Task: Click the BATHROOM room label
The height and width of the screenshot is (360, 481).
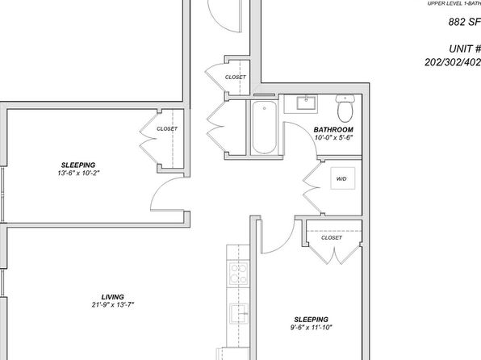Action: (x=333, y=129)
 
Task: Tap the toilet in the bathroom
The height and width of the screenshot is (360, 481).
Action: (x=345, y=108)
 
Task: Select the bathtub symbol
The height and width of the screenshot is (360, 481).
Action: (x=264, y=128)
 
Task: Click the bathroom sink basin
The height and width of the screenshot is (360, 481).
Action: (x=306, y=103)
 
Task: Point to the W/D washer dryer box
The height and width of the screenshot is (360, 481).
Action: (x=343, y=178)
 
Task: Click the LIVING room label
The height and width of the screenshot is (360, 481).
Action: (x=112, y=297)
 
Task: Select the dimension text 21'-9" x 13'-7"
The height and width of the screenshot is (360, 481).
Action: (x=113, y=305)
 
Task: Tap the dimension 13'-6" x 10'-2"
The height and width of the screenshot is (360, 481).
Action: (x=78, y=173)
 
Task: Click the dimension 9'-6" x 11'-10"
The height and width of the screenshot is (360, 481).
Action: (x=311, y=328)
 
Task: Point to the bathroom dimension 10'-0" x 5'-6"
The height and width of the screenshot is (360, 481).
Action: (x=334, y=137)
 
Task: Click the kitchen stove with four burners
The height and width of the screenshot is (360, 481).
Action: (x=238, y=274)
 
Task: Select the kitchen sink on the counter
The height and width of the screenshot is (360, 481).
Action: (x=239, y=313)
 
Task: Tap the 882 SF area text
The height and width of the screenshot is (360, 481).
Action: (x=464, y=22)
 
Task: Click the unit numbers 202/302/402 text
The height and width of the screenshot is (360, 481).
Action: (x=453, y=62)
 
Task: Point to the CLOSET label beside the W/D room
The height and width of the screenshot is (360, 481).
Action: (x=332, y=237)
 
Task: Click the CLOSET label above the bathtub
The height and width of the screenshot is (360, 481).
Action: (x=236, y=77)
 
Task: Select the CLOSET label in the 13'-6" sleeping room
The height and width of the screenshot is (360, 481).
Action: (x=167, y=128)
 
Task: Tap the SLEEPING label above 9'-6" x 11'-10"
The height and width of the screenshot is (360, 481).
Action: (x=311, y=320)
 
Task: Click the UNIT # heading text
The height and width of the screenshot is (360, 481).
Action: (x=464, y=48)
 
